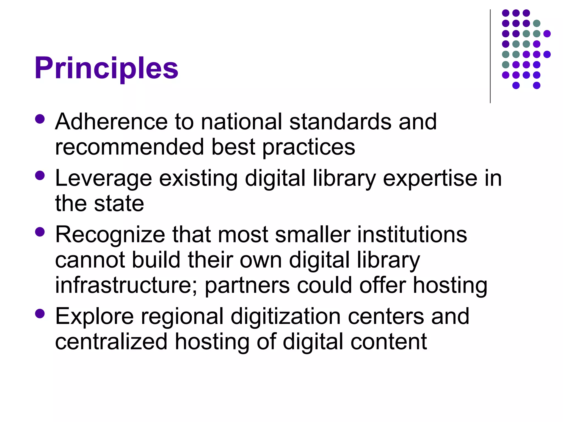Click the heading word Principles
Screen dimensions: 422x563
[106, 68]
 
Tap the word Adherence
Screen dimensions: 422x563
[111, 121]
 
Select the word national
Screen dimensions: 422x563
[241, 121]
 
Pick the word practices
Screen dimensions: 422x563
[309, 147]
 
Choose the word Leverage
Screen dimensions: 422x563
[103, 179]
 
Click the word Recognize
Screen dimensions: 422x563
[110, 235]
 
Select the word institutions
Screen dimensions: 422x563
[412, 235]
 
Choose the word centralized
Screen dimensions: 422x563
[111, 342]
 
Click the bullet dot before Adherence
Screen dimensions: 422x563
[40, 119]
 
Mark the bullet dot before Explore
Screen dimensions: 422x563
[40, 313]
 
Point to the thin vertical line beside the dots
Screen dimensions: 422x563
[490, 56]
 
